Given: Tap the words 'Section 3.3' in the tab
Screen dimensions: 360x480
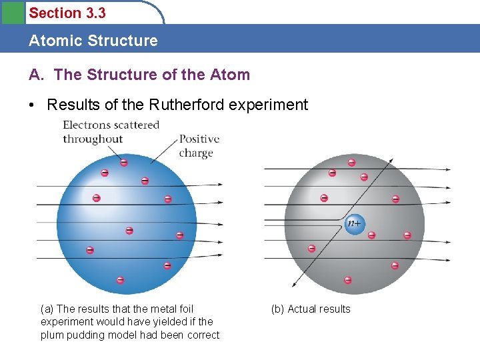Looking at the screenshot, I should click(67, 13).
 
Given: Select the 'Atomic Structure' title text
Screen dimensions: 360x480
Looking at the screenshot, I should click(93, 41).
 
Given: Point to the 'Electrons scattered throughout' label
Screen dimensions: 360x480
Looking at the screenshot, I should click(111, 132).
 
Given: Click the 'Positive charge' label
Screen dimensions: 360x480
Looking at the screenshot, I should click(199, 146).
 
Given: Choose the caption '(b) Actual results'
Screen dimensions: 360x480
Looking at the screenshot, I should click(310, 309).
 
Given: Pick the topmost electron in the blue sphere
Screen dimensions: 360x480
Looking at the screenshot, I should click(123, 162).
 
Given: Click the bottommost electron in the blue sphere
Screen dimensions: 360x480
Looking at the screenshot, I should click(121, 280).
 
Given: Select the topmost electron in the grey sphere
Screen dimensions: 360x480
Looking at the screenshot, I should click(351, 162).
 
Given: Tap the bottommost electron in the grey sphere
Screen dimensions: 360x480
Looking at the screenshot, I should click(347, 280).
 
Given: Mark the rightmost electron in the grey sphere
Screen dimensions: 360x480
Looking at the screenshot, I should click(407, 235).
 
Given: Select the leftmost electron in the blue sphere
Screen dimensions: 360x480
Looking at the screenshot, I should click(89, 251).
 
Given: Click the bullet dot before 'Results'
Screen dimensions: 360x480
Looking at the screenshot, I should click(34, 105).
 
